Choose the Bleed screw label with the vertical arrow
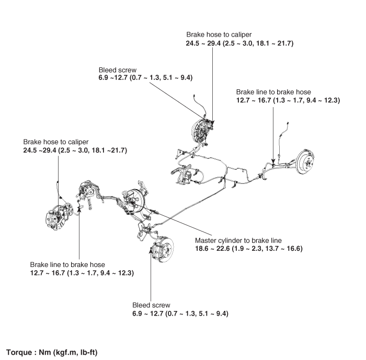(x=151, y=305)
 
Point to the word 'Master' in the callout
(x=207, y=240)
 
